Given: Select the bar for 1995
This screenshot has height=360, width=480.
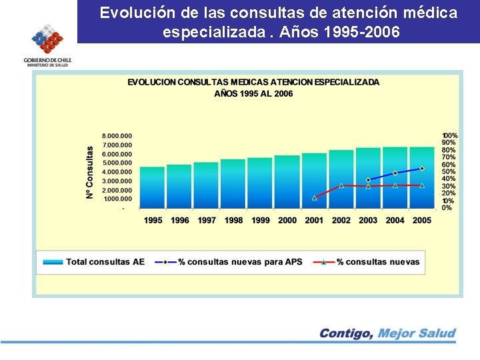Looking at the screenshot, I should pos(152,188).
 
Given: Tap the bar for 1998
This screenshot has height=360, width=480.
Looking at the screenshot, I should pos(233,184).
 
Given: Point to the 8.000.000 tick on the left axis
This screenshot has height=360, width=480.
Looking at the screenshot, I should pos(117,136).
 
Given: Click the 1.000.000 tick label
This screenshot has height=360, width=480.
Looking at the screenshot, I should pos(117,199).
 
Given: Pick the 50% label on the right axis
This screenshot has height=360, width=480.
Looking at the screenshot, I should pos(448,172).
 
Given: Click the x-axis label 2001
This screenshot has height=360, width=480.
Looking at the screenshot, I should pos(314,221).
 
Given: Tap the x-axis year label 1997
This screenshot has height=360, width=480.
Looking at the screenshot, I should pos(206,221).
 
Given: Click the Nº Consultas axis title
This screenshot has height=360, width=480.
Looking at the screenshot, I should pos(90,171).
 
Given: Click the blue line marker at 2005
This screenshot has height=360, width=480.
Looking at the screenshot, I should pos(422,169).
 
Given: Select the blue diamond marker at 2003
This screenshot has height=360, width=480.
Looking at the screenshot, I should pos(368,180).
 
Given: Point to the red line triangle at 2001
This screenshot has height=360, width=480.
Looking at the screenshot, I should pos(314,197).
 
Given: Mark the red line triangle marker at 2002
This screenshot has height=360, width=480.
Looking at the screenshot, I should pos(341,185).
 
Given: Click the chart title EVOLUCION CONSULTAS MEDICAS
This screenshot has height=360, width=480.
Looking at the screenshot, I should pos(253,83).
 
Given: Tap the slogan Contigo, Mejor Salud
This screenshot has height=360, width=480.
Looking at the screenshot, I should pos(387,333).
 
